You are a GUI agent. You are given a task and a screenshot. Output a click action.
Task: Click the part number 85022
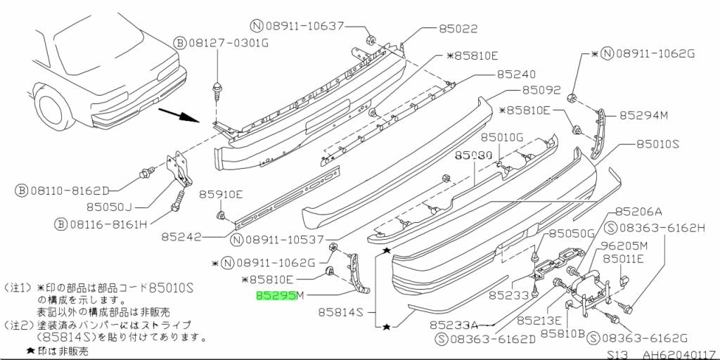[x=458, y=29]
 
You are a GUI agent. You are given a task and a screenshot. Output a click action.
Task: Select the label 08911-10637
[x=306, y=26]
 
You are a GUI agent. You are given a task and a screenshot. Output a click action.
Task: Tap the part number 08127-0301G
[x=229, y=43]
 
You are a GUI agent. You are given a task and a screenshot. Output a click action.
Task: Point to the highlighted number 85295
[x=276, y=297]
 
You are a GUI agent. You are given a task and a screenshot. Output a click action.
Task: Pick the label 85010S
[x=658, y=144]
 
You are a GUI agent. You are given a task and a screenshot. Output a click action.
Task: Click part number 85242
[x=181, y=238]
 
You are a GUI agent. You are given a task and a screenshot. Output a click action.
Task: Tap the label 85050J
[x=110, y=207]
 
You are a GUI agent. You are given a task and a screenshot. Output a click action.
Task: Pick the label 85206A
[x=639, y=211]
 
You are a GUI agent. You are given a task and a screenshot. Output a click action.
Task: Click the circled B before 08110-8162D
[x=22, y=190]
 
